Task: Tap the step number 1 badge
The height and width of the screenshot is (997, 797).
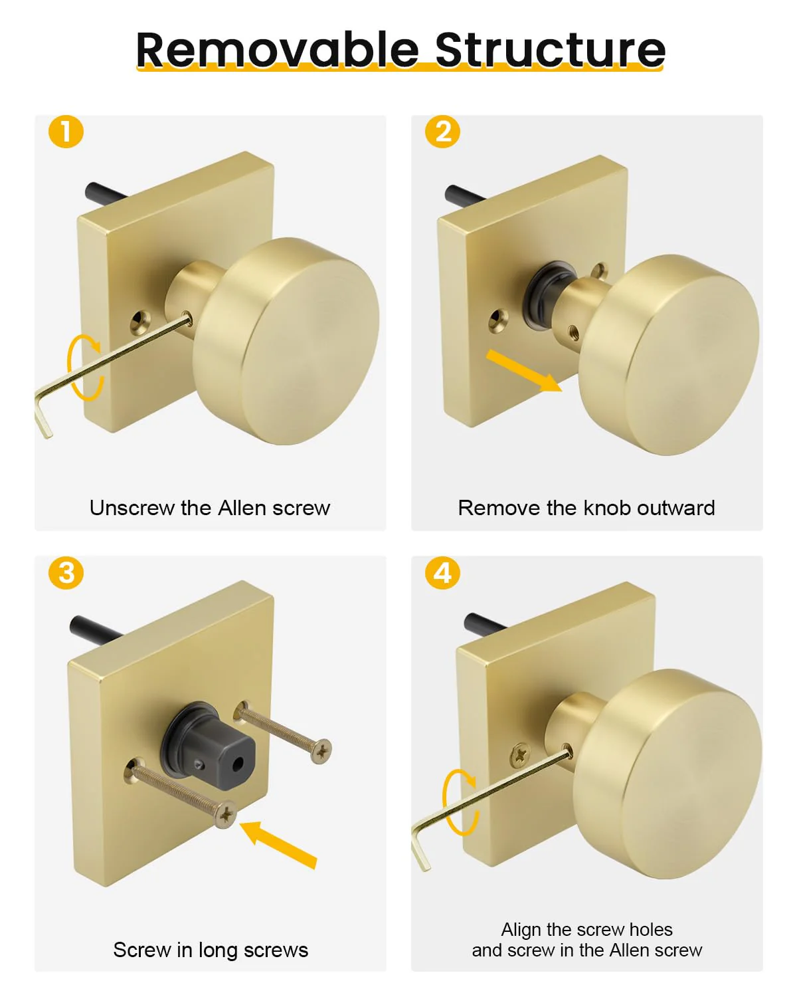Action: point(66,132)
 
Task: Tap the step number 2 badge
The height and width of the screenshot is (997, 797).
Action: point(442,132)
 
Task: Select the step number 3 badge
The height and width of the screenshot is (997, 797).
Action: point(66,573)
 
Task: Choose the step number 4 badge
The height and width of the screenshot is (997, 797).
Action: point(442,573)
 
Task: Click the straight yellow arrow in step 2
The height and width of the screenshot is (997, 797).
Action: point(524,371)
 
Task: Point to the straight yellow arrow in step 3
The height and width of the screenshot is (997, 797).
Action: point(278,844)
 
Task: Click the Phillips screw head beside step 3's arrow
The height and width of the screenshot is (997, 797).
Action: point(226,814)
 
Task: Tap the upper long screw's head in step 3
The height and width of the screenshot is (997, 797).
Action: point(321,750)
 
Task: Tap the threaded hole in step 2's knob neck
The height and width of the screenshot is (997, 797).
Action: point(573,332)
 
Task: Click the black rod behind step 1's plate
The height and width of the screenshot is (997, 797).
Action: point(104,192)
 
